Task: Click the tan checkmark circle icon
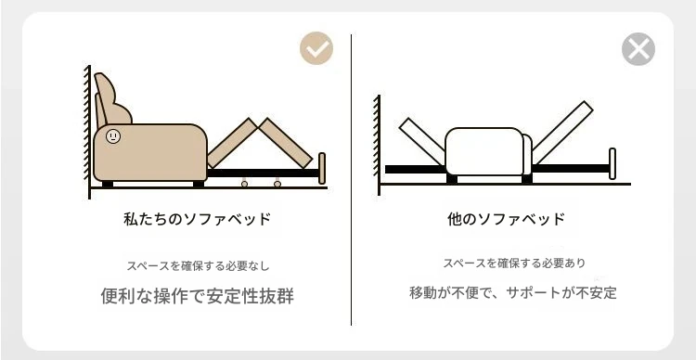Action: (316, 48)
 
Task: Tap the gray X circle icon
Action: (638, 49)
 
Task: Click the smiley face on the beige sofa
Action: (113, 135)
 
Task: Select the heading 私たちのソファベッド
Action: (197, 219)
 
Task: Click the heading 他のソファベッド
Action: (506, 219)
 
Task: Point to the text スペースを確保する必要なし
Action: (198, 266)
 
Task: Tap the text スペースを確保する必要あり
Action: (514, 263)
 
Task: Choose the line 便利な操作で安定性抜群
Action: (197, 296)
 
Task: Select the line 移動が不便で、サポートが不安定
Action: (513, 293)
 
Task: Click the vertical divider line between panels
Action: (351, 180)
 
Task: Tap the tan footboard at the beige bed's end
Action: (322, 168)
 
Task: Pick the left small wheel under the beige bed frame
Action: (244, 184)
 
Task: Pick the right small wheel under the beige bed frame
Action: (277, 184)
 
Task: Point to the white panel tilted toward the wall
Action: (422, 141)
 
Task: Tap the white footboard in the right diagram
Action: (612, 164)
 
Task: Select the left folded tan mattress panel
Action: (232, 143)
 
